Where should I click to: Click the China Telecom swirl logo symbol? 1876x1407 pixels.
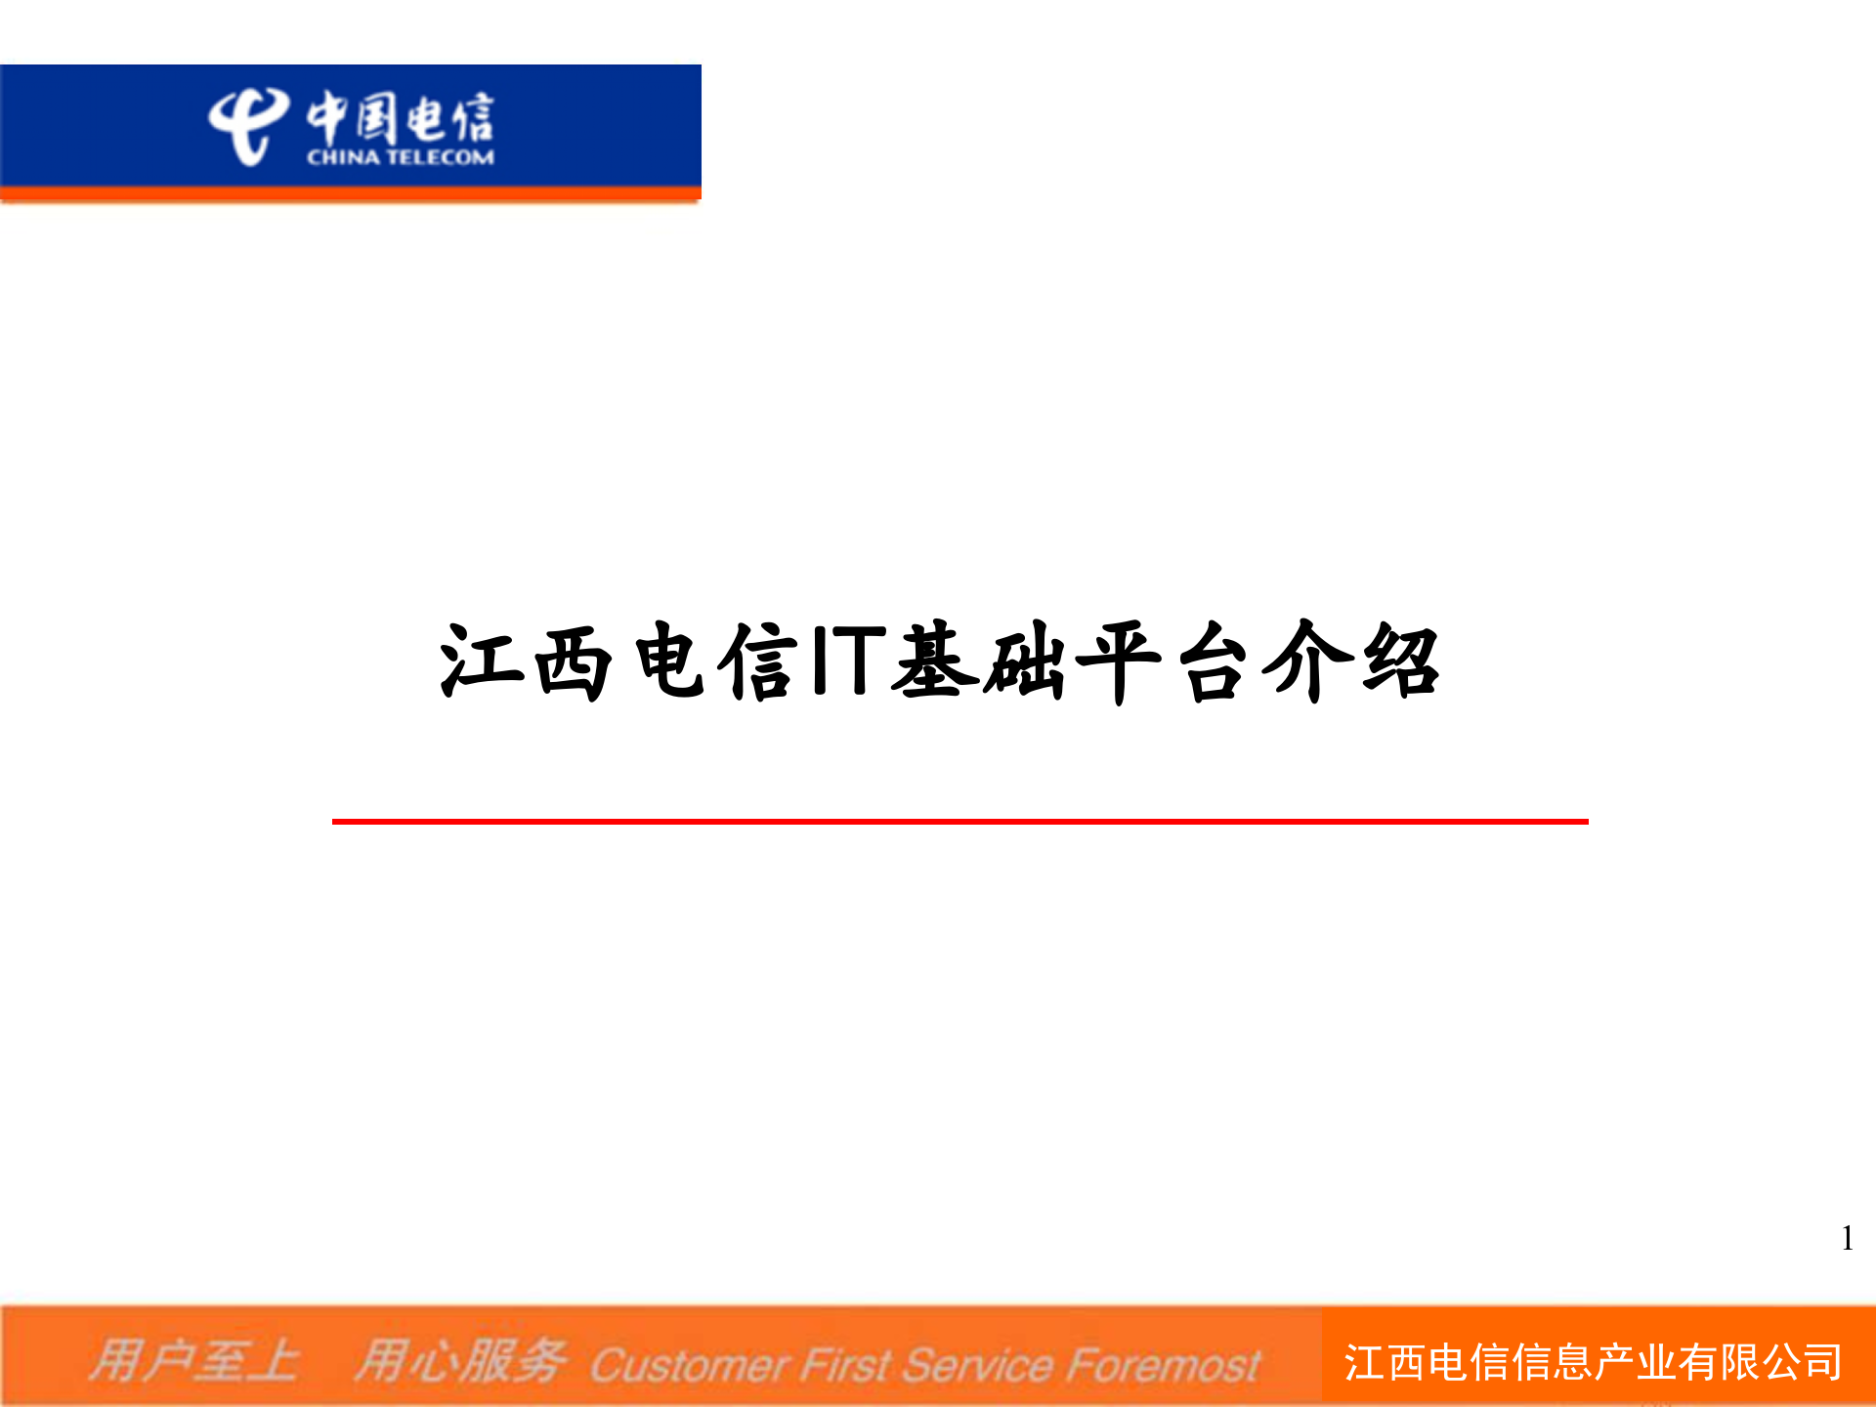pyautogui.click(x=246, y=125)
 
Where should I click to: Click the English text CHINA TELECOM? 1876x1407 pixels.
pyautogui.click(x=401, y=157)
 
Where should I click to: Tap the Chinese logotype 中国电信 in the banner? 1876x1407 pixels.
pyautogui.click(x=401, y=117)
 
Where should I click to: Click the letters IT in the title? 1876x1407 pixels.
pyautogui.click(x=848, y=661)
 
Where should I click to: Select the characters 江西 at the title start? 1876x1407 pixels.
pyautogui.click(x=526, y=661)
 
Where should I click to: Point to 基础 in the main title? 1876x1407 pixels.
pyautogui.click(x=980, y=661)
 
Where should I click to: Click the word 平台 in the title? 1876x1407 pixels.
pyautogui.click(x=1163, y=661)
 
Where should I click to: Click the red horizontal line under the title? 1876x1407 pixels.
pyautogui.click(x=959, y=822)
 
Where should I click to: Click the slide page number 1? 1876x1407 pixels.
pyautogui.click(x=1847, y=1239)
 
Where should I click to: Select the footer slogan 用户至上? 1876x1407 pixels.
pyautogui.click(x=193, y=1361)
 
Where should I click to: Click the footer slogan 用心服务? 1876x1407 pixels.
pyautogui.click(x=459, y=1361)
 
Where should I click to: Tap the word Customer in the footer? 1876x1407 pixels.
pyautogui.click(x=689, y=1365)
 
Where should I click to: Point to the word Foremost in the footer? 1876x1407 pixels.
pyautogui.click(x=1163, y=1365)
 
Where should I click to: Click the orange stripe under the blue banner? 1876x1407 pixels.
pyautogui.click(x=350, y=193)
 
